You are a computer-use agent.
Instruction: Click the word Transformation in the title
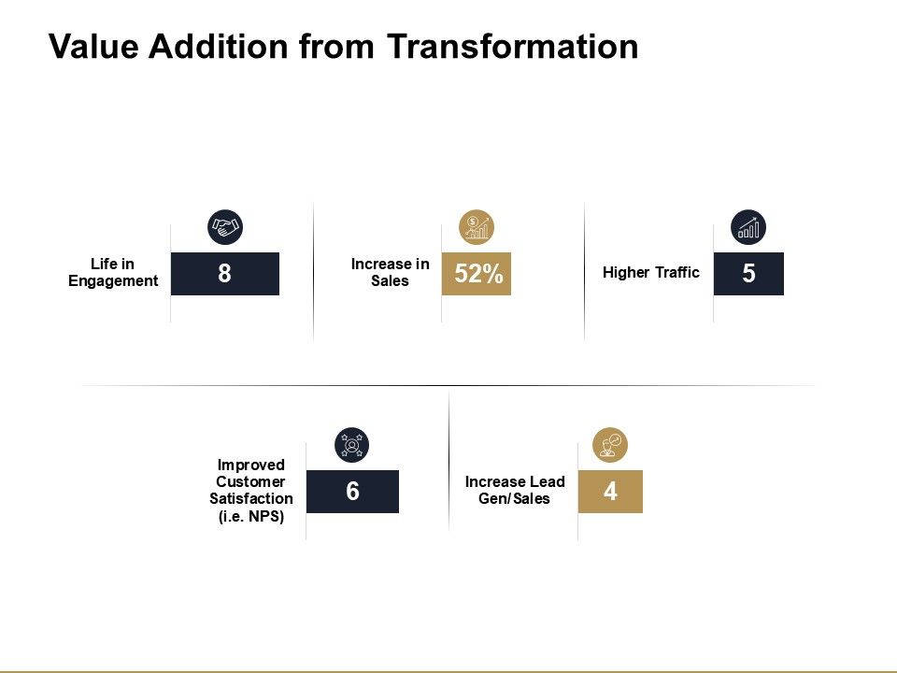(x=512, y=46)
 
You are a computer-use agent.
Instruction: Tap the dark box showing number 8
(x=225, y=274)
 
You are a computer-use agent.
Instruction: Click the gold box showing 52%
(x=477, y=274)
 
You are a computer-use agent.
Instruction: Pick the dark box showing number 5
(x=748, y=274)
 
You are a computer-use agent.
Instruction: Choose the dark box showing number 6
(x=352, y=492)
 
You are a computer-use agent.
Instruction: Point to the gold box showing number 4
(x=610, y=492)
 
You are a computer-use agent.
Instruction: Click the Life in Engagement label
(x=113, y=273)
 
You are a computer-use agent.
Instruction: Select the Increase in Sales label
(x=390, y=273)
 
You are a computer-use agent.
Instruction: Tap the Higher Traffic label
(x=650, y=273)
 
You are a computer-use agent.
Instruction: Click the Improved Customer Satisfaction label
(x=250, y=482)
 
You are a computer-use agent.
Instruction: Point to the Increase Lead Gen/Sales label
(x=515, y=490)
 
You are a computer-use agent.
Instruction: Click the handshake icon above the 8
(x=224, y=226)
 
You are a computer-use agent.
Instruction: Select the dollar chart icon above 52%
(x=477, y=226)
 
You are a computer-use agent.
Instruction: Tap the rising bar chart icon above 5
(x=748, y=226)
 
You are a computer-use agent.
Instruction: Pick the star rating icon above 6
(x=352, y=445)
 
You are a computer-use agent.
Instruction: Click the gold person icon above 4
(x=610, y=445)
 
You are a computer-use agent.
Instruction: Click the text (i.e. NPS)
(x=250, y=517)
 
